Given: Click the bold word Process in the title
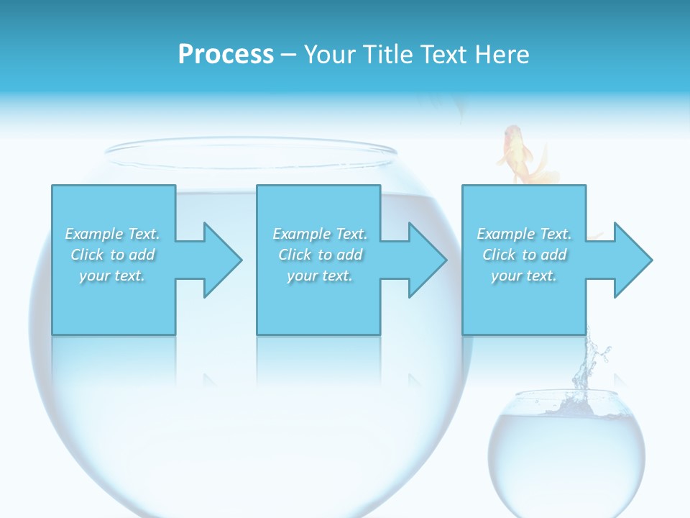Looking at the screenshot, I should tap(226, 55).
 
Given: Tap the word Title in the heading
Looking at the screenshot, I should tap(387, 55).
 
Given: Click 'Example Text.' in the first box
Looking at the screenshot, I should tap(113, 234).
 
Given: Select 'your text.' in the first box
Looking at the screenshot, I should tap(113, 276).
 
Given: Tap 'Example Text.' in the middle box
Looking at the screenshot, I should tap(320, 234).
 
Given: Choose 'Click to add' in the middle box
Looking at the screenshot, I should tap(320, 255).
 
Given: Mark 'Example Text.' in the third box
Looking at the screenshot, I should tap(524, 234).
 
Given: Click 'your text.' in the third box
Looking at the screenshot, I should tap(524, 276).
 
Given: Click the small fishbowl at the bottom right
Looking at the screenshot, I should tap(566, 446).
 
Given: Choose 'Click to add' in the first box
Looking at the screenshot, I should tap(113, 255).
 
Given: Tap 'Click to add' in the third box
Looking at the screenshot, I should tap(524, 255).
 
